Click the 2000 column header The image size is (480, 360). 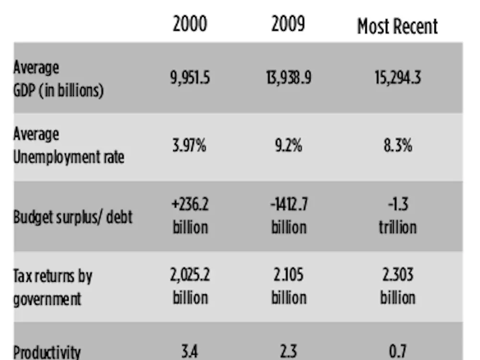tap(190, 24)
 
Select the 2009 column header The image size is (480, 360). tap(288, 24)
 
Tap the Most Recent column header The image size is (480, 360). tap(397, 26)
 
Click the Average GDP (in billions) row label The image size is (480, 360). tap(58, 79)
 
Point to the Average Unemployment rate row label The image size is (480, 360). tap(69, 145)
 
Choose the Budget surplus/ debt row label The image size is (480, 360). tap(72, 217)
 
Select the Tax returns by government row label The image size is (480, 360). tap(53, 287)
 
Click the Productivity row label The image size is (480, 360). tap(47, 352)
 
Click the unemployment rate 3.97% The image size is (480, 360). tap(190, 145)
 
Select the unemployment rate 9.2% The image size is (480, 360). tap(288, 145)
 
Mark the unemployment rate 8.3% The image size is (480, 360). tap(397, 145)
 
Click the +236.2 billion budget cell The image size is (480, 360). tap(190, 216)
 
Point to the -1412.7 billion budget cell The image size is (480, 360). tap(288, 216)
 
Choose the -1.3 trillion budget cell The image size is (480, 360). tap(397, 216)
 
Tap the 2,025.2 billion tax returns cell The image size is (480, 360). tap(190, 287)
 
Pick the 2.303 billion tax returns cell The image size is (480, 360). tap(397, 287)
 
